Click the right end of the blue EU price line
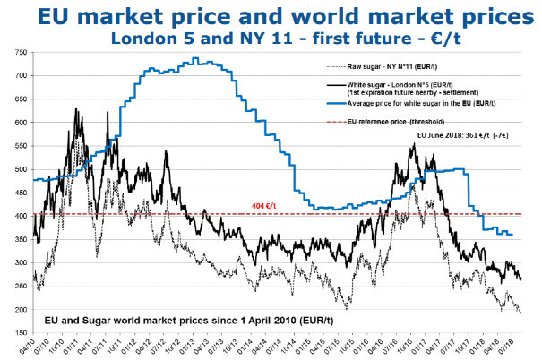pos(512,235)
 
